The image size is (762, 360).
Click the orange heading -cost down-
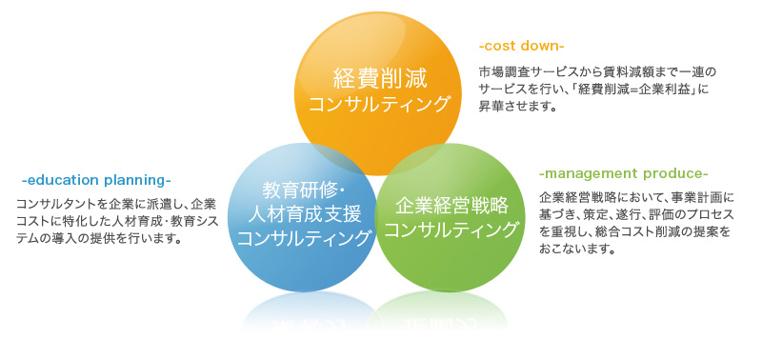[521, 46]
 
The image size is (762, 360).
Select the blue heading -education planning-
[95, 180]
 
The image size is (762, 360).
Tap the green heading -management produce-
[623, 174]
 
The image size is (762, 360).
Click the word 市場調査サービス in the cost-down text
[525, 72]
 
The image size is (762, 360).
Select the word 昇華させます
[515, 107]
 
